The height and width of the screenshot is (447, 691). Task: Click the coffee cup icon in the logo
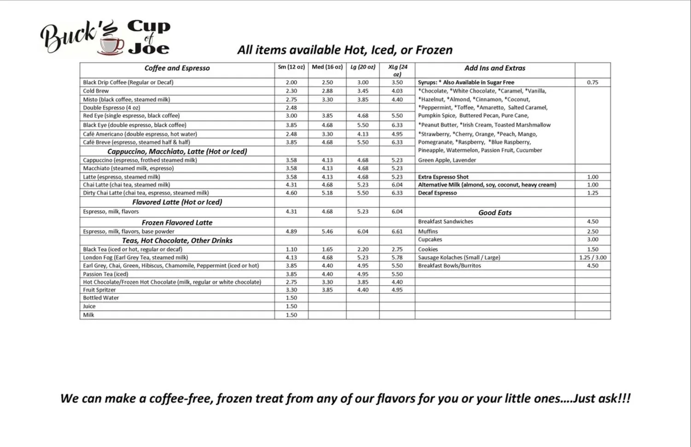111,46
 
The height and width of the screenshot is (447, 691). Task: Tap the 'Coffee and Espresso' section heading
177,68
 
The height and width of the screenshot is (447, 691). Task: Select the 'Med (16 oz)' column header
327,67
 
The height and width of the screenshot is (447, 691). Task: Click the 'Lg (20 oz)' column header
363,67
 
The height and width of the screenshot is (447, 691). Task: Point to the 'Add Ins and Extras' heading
495,68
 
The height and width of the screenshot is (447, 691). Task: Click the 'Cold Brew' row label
96,91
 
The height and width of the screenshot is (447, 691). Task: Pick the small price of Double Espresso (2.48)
291,108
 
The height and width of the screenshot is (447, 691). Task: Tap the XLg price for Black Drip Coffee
397,82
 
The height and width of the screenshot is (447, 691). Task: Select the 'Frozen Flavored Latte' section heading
177,222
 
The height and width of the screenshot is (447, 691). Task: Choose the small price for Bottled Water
291,298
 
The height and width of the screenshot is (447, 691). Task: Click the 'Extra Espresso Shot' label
443,177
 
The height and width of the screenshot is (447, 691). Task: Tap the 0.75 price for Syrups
592,82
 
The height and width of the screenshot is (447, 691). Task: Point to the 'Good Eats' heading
495,213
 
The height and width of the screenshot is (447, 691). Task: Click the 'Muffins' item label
428,232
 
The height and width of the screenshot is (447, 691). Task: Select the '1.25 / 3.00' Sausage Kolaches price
592,258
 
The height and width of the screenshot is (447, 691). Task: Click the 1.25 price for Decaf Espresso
592,193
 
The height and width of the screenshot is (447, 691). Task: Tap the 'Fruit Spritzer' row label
100,290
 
